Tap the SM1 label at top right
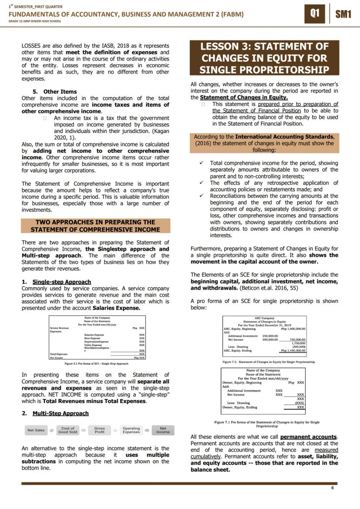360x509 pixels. (x=343, y=14)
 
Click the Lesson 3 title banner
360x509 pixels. (x=264, y=58)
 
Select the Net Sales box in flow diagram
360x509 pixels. (x=36, y=430)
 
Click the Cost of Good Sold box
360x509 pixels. (x=67, y=430)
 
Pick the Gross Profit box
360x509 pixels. (x=100, y=430)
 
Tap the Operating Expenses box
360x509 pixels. (x=131, y=430)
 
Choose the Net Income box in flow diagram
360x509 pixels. (x=163, y=430)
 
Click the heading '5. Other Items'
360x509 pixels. (x=55, y=92)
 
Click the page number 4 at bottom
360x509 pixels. (x=332, y=488)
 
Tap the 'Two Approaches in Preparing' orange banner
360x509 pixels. (x=95, y=226)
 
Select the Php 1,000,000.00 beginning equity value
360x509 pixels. (x=293, y=329)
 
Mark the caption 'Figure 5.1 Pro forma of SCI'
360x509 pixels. (x=96, y=363)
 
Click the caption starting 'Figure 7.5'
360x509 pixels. (x=268, y=362)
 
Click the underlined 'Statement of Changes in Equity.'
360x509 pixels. (x=238, y=97)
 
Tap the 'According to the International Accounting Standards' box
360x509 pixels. (x=264, y=143)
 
